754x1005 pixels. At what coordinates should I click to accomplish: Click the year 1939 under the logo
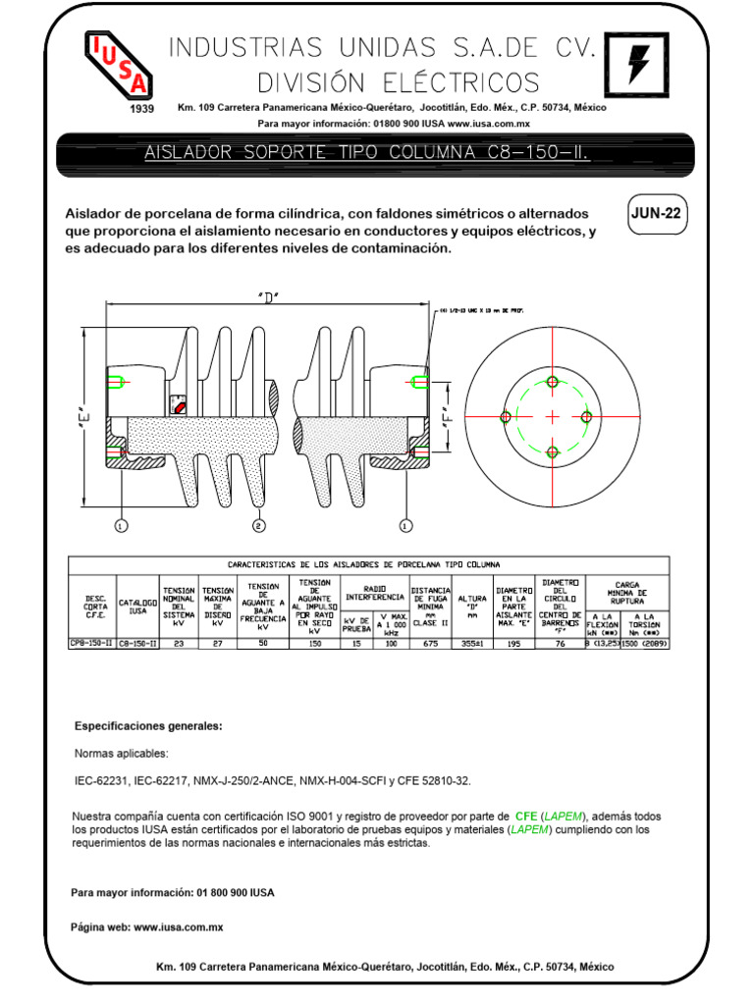tap(142, 109)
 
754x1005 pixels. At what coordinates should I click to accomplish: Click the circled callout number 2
tap(259, 526)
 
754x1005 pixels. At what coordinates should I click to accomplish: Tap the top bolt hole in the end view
tap(552, 381)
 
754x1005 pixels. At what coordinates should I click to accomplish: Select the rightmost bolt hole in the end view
tap(587, 416)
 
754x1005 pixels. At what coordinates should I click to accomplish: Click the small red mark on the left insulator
tap(179, 403)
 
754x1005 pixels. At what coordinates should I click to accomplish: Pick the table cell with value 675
tap(430, 644)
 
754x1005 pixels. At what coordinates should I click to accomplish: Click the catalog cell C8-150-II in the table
tap(138, 644)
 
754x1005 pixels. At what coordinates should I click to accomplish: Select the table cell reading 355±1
tap(473, 644)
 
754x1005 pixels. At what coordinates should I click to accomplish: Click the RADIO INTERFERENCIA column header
tap(375, 592)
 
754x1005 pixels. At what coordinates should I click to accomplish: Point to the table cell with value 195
tap(514, 644)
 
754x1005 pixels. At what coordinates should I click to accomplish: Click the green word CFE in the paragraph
tap(525, 817)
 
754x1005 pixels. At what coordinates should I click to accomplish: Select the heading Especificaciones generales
tap(149, 726)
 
